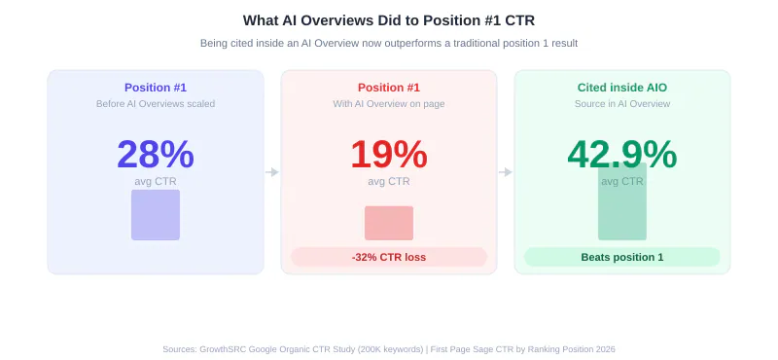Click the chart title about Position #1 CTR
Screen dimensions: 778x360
(x=388, y=20)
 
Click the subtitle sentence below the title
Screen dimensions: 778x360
(x=388, y=43)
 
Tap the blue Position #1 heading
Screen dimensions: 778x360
(x=156, y=88)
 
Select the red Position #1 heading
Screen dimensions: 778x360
(x=388, y=88)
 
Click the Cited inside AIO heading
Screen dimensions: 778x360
(x=622, y=88)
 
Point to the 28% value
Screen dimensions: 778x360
(x=156, y=155)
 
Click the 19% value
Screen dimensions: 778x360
(x=388, y=155)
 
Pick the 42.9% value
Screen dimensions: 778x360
(x=622, y=155)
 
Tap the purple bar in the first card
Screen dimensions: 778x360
(x=156, y=215)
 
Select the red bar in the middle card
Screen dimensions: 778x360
(x=388, y=224)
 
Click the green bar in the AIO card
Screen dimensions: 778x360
(x=622, y=201)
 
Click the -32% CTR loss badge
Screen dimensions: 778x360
(x=389, y=257)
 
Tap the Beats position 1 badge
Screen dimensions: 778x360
(x=622, y=257)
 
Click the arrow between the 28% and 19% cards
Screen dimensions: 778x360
(x=272, y=172)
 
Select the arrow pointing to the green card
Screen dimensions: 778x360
(x=505, y=172)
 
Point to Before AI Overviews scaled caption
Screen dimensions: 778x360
(x=156, y=104)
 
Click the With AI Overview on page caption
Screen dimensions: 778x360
(x=388, y=104)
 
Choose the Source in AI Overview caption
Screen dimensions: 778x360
(x=622, y=104)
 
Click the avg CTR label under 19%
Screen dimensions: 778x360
(x=388, y=182)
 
